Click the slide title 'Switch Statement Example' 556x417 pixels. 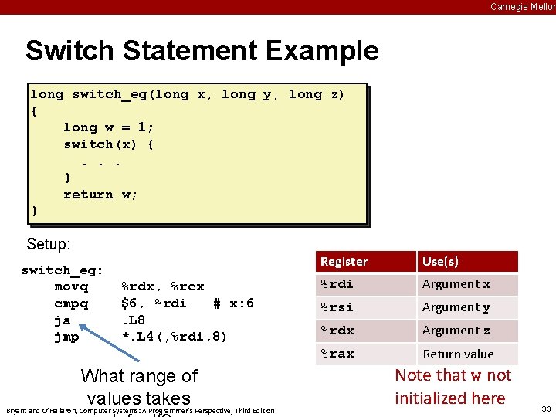coord(202,51)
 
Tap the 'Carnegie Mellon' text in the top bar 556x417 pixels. coord(522,7)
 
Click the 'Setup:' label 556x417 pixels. coord(49,245)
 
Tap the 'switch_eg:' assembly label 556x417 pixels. coord(62,270)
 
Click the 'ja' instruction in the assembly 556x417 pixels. coord(63,320)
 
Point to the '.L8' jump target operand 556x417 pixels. coord(134,320)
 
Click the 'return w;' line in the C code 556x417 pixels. coord(100,195)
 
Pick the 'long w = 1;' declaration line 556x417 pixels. coord(109,127)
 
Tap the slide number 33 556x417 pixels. coord(546,409)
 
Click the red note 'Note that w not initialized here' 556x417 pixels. coord(453,387)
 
